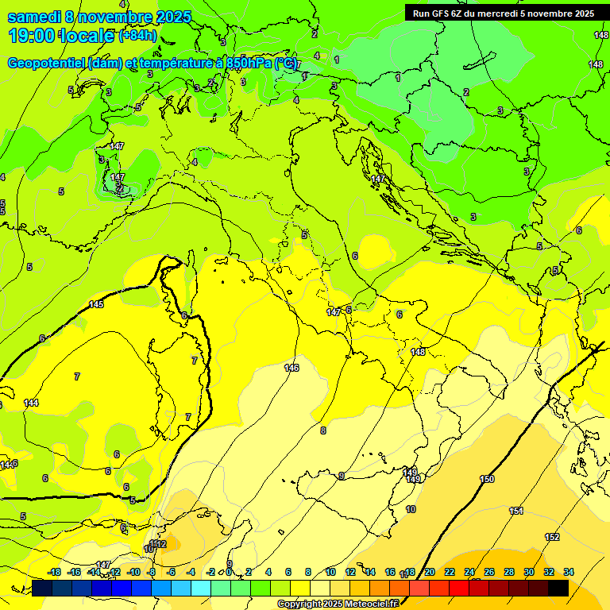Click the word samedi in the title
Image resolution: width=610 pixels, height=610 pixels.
(x=33, y=17)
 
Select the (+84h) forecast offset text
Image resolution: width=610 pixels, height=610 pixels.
(x=137, y=36)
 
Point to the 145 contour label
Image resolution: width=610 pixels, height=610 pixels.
(x=96, y=305)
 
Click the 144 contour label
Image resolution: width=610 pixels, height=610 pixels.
(x=31, y=403)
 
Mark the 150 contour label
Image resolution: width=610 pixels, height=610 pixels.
(x=487, y=479)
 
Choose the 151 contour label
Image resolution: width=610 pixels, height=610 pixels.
(x=516, y=511)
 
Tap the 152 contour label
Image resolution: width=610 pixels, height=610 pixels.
(x=551, y=538)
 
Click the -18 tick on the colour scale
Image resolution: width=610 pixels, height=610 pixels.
(x=55, y=572)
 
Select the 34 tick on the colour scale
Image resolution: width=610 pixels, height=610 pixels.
(x=569, y=572)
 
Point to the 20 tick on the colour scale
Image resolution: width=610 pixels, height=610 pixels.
(x=429, y=572)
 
